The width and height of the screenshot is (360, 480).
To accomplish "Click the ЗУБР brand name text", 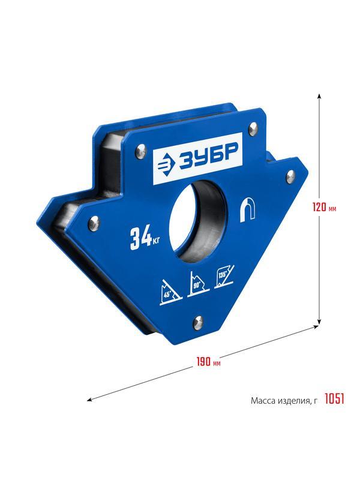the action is coord(209,158).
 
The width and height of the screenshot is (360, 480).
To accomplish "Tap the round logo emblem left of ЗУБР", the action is coord(167,166).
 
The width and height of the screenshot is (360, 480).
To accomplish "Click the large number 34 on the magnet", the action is coord(141,239).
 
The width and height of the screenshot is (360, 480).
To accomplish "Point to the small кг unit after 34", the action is coord(156,242).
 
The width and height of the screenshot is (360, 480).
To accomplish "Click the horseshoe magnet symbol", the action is coord(248,211).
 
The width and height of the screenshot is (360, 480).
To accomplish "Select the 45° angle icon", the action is coord(171,292).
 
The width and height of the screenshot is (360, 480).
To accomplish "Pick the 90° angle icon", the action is coord(197,284).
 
